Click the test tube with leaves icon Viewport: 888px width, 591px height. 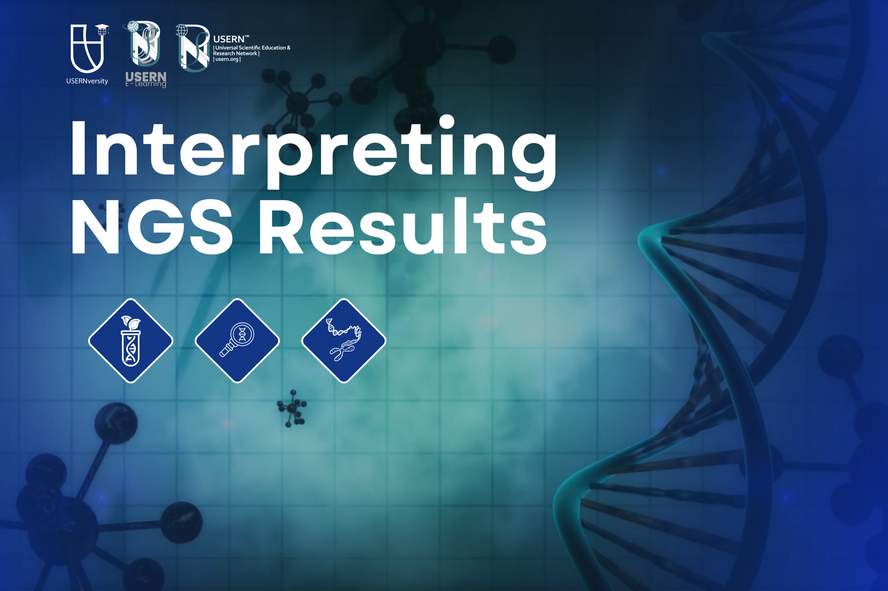pyautogui.click(x=130, y=341)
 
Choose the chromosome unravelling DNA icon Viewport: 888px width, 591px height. pyautogui.click(x=343, y=341)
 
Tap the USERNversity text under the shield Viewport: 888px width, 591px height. pyautogui.click(x=87, y=81)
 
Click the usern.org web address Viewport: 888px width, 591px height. pyautogui.click(x=227, y=59)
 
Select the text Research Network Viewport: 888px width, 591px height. pyautogui.click(x=236, y=53)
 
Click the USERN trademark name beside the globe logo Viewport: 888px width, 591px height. pyautogui.click(x=229, y=39)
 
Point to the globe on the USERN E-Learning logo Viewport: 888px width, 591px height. pyautogui.click(x=132, y=26)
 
